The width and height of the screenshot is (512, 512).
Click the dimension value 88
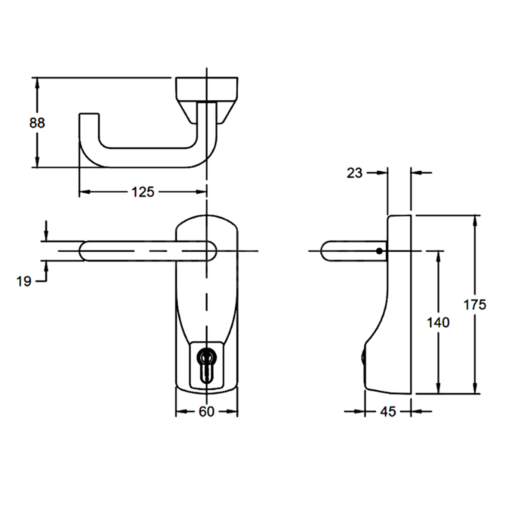pyautogui.click(x=37, y=123)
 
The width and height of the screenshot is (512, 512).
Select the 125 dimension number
pyautogui.click(x=143, y=192)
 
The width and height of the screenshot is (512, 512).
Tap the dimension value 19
pyautogui.click(x=24, y=281)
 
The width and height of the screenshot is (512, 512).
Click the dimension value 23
pyautogui.click(x=355, y=173)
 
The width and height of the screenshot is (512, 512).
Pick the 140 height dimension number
pyautogui.click(x=438, y=322)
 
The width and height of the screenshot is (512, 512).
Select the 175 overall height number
pyautogui.click(x=475, y=305)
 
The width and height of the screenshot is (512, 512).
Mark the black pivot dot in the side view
pyautogui.click(x=379, y=251)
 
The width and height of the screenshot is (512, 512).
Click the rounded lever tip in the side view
pyautogui.click(x=324, y=251)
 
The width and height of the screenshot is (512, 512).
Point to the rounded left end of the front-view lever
pyautogui.click(x=84, y=251)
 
